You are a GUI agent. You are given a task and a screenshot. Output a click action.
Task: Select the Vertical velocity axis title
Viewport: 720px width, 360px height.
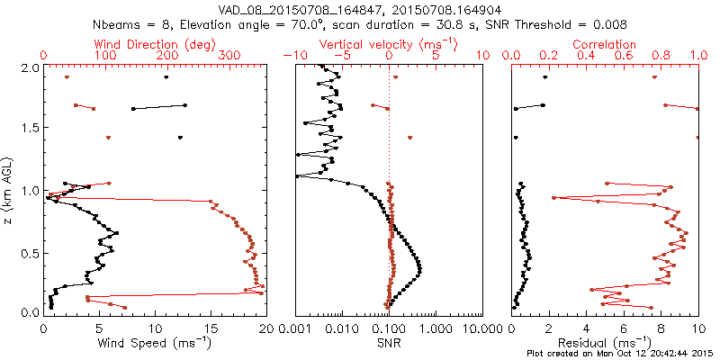coord(388,44)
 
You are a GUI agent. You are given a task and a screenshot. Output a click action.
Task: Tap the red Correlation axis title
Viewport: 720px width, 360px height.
coord(605,44)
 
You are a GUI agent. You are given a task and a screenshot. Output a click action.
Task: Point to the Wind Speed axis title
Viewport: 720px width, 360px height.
coord(156,342)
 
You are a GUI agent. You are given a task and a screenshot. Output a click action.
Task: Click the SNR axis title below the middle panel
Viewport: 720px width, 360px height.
coord(388,342)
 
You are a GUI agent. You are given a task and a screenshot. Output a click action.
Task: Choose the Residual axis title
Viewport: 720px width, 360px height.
coord(605,342)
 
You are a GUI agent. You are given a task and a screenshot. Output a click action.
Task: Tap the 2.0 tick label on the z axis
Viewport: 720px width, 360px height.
coord(29,67)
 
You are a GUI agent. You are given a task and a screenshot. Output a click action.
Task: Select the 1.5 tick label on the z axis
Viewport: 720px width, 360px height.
coord(29,129)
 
